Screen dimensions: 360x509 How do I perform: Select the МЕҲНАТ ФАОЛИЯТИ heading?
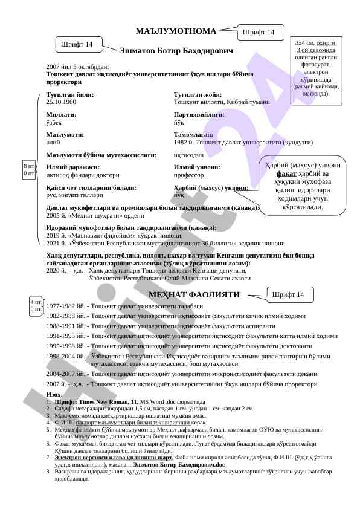tap(194, 295)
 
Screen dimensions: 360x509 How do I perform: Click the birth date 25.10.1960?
tap(61, 102)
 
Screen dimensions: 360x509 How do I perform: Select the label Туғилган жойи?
tap(198, 95)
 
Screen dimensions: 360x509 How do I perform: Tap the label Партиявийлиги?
tap(199, 114)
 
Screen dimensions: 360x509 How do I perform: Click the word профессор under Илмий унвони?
tap(188, 175)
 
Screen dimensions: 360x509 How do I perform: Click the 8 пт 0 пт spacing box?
tap(28, 169)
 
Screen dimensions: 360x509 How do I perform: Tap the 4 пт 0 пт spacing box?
tap(36, 305)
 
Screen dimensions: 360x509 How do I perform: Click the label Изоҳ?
tap(54, 394)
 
